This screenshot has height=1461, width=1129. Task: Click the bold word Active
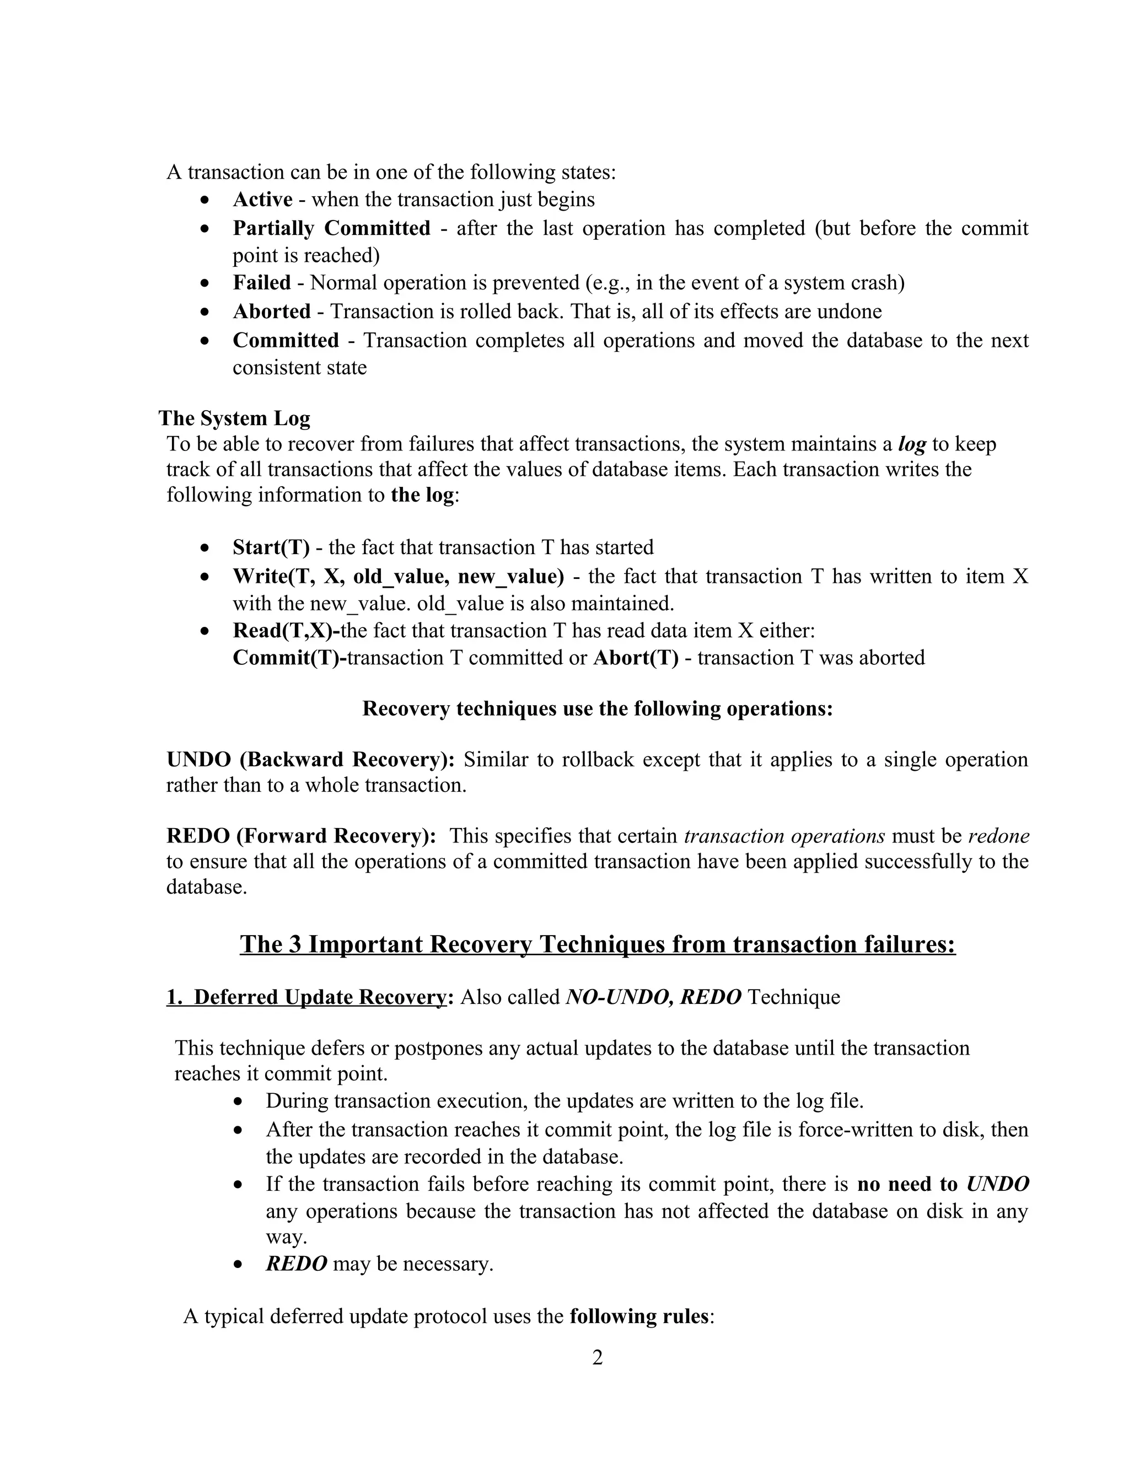tap(262, 200)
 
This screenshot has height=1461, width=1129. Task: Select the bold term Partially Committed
tap(331, 228)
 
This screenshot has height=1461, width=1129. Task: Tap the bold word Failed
tap(261, 283)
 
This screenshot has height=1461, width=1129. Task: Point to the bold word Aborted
tap(272, 311)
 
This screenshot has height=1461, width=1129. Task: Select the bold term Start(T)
tap(271, 548)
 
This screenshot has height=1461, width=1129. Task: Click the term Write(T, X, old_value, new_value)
tap(398, 577)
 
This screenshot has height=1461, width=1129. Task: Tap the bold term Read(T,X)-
tap(286, 631)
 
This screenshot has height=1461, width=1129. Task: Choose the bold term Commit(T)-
tap(289, 658)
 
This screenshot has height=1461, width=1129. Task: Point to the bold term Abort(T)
tap(636, 658)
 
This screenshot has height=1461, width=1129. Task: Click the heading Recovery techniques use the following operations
tap(597, 708)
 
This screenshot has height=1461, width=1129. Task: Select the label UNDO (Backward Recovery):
tap(310, 760)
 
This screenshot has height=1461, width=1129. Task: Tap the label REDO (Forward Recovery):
tap(301, 836)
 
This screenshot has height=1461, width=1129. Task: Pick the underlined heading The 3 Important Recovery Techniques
tap(597, 944)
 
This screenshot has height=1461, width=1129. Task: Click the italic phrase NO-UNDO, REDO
tap(653, 997)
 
